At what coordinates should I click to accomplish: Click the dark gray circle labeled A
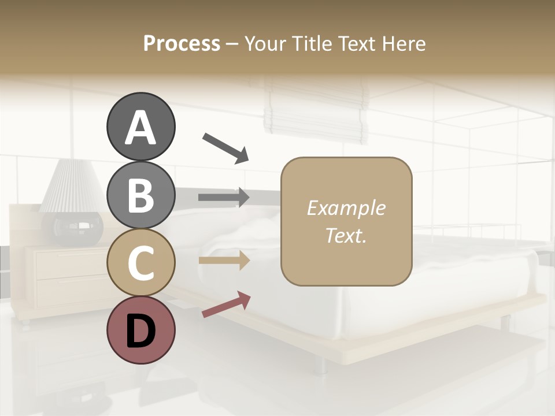(x=140, y=127)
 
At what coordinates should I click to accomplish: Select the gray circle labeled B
(x=140, y=195)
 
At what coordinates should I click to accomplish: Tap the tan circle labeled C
(x=140, y=262)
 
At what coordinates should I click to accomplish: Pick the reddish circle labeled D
(x=140, y=330)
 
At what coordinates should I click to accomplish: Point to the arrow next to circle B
(x=224, y=197)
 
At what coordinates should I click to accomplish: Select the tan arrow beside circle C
(x=224, y=261)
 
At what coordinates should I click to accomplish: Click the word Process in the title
(x=182, y=43)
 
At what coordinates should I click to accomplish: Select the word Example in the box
(x=346, y=208)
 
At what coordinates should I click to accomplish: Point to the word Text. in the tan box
(x=346, y=235)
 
